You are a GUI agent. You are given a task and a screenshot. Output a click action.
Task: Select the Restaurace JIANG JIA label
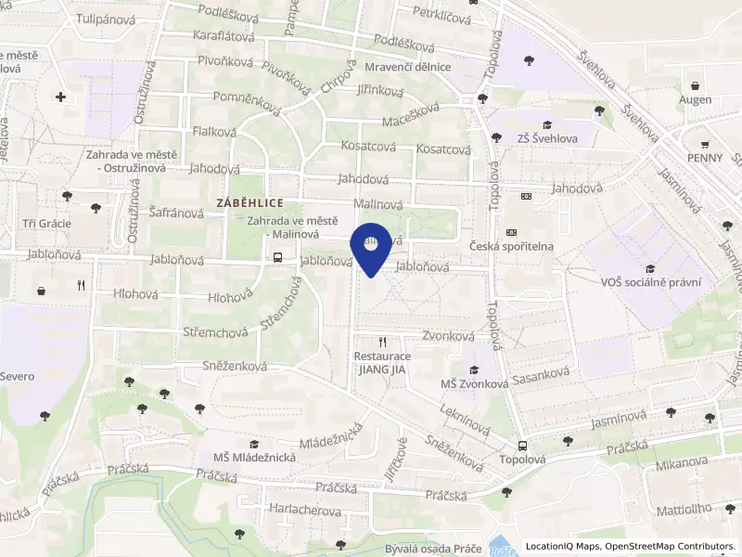coord(381,362)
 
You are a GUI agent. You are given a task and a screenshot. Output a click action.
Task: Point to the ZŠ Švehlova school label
coord(548,139)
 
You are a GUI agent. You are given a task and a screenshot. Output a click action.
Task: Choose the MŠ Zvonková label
coord(473,383)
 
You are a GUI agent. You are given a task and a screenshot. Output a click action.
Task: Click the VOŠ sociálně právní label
coord(651,282)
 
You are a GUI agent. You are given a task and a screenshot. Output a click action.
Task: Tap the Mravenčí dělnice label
coord(408,67)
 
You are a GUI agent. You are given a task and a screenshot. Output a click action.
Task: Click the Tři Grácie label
coord(42,224)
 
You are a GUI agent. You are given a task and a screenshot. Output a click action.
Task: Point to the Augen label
coord(696,99)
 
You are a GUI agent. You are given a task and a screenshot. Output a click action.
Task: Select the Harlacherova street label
coord(304,512)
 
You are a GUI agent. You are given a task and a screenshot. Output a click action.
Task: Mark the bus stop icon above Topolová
coord(522,445)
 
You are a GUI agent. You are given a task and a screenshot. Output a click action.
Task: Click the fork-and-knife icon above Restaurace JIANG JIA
coord(381,342)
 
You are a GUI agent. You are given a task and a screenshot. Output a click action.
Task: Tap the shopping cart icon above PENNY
coord(706,144)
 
